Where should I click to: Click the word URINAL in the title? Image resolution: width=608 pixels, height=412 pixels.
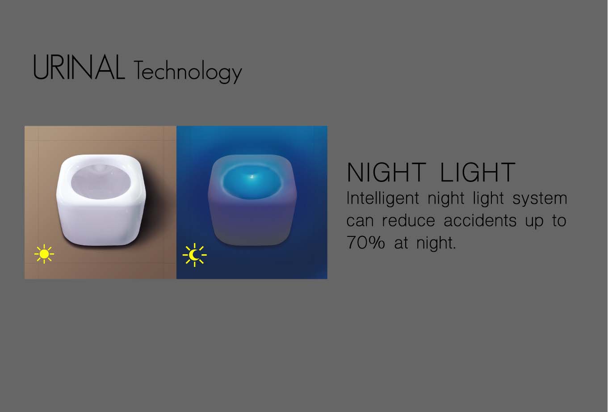coord(79,67)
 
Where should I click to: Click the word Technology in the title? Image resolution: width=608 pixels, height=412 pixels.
coord(188,71)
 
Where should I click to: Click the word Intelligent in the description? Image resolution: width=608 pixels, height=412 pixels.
coord(383,199)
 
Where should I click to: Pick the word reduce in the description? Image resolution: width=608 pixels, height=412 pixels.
coord(408,221)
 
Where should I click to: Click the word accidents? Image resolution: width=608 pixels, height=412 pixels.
coord(480,221)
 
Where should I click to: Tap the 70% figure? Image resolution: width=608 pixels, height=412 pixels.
coord(365,242)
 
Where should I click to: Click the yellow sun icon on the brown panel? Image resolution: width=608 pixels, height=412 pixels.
coord(44,254)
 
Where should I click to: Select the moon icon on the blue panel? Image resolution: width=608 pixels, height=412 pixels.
coord(194,255)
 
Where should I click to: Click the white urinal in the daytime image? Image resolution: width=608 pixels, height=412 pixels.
coord(101,200)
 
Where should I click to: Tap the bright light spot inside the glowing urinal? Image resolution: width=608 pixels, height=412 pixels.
coord(252,177)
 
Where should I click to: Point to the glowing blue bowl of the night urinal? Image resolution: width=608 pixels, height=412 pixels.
coord(252,181)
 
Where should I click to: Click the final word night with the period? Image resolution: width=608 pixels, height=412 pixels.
coord(436,243)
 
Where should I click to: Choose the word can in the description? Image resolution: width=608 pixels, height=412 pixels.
coord(360,221)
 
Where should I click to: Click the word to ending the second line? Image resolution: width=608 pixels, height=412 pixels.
coord(559,221)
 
